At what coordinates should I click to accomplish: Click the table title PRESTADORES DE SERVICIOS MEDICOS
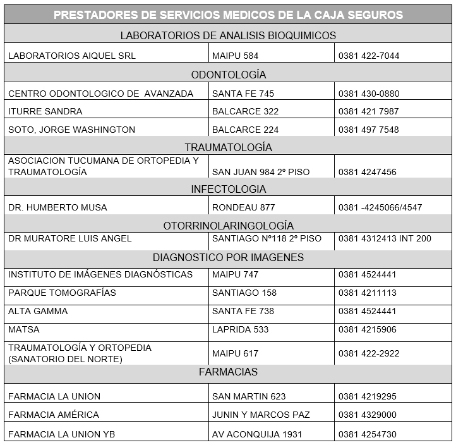pos(228,15)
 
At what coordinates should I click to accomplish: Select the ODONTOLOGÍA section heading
pos(228,75)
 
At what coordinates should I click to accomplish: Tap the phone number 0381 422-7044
pos(369,56)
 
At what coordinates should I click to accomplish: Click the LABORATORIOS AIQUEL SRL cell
pos(72,56)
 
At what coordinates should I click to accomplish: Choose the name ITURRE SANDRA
pos(45,111)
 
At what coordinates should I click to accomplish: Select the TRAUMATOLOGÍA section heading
pos(228,147)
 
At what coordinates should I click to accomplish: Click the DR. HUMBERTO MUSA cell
pos(57,207)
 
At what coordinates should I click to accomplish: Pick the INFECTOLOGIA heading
pos(228,189)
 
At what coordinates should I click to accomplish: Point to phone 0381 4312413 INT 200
pos(385,238)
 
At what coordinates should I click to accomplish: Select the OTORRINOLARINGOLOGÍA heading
pos(228,226)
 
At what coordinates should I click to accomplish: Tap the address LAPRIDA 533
pos(240,329)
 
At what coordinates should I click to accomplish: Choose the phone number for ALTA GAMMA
pos(367,311)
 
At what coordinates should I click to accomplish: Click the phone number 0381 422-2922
pos(369,353)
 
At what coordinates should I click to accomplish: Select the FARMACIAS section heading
pos(228,372)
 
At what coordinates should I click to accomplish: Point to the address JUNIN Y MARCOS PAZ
pos(261,415)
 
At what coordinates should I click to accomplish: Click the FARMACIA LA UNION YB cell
pos(62,434)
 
